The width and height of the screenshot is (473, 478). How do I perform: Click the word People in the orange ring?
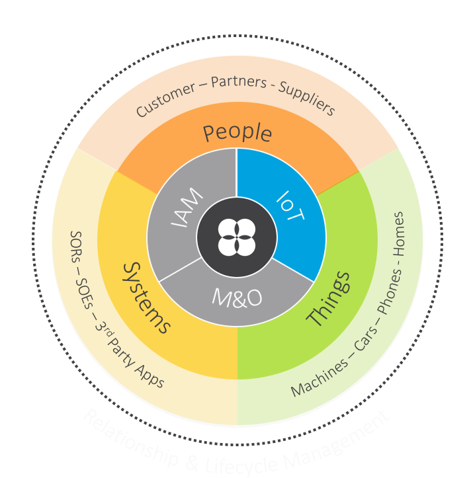(237, 133)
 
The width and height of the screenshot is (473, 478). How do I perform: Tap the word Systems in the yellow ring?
(147, 297)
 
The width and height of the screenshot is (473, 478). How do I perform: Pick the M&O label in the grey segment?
(237, 298)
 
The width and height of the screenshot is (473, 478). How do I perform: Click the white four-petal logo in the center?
(236, 237)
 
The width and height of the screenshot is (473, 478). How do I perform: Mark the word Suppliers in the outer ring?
(308, 99)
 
